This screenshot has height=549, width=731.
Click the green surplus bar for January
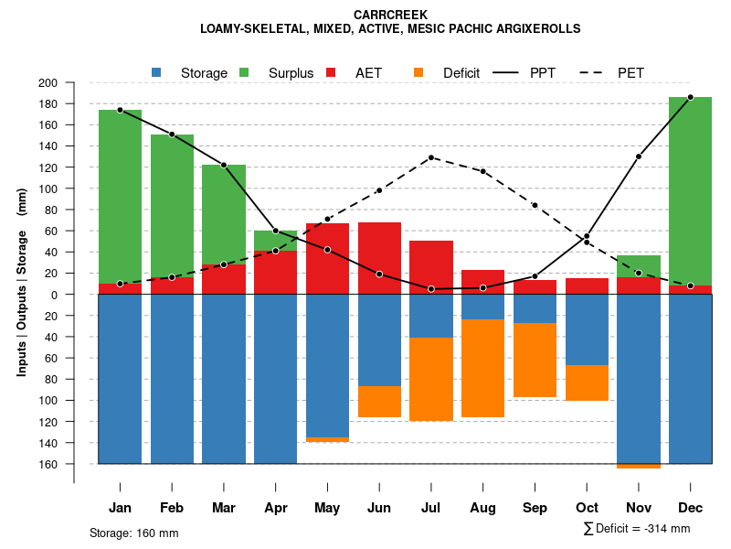pyautogui.click(x=120, y=197)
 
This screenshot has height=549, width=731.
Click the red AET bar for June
pyautogui.click(x=379, y=258)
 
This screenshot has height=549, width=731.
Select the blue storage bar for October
pyautogui.click(x=587, y=329)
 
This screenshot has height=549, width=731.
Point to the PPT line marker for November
pyautogui.click(x=639, y=156)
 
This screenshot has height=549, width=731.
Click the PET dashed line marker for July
pyautogui.click(x=431, y=157)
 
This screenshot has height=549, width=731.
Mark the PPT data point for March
pyautogui.click(x=224, y=165)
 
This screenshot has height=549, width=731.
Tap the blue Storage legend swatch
pyautogui.click(x=157, y=72)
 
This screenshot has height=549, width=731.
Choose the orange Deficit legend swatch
pyautogui.click(x=419, y=72)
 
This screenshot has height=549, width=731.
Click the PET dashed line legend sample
pyautogui.click(x=593, y=72)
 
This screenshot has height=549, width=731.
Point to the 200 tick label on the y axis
pyautogui.click(x=73, y=83)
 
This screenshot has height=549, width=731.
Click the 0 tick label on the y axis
pyautogui.click(x=79, y=295)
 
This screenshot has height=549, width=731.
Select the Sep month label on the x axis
pyautogui.click(x=535, y=508)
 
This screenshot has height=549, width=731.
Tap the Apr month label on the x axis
pyautogui.click(x=275, y=508)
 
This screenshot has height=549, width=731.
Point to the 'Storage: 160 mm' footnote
pyautogui.click(x=133, y=533)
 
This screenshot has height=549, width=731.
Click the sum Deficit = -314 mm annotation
pyautogui.click(x=637, y=528)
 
